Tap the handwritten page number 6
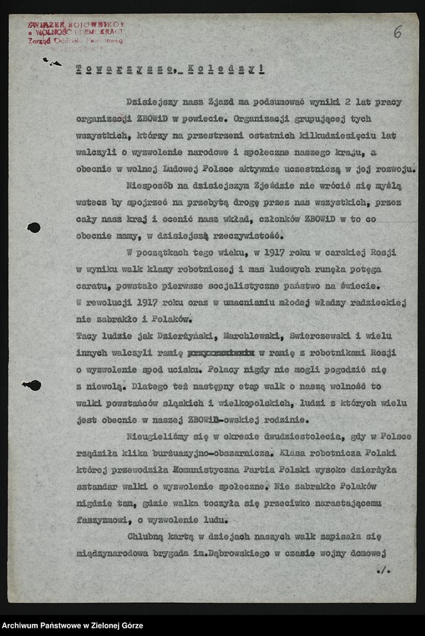tap(398, 33)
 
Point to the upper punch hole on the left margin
tap(34, 227)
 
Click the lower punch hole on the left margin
tap(33, 385)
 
